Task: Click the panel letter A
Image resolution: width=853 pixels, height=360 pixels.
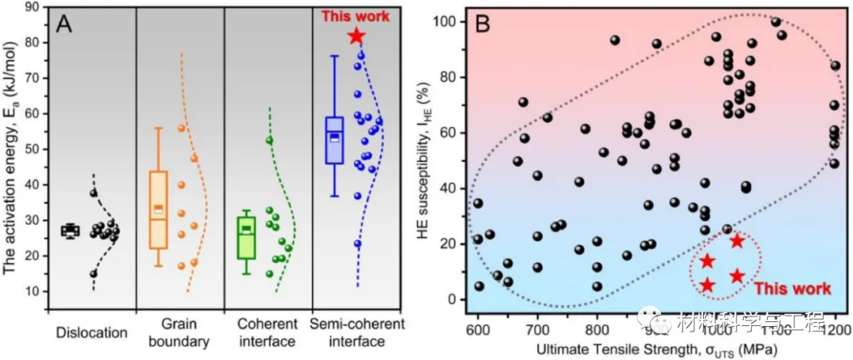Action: [x=65, y=24]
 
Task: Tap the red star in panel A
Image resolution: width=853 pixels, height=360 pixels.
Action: [x=356, y=36]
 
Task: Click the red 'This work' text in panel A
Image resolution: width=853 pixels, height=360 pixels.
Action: [x=356, y=16]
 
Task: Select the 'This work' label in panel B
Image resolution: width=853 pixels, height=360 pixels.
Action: [x=791, y=289]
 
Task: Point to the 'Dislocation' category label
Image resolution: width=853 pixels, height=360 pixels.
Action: [x=92, y=332]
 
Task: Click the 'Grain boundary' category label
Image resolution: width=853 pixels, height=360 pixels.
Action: [x=180, y=333]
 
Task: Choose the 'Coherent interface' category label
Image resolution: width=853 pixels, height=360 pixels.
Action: [x=269, y=333]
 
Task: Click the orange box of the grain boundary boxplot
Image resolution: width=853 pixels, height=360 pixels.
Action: [x=159, y=210]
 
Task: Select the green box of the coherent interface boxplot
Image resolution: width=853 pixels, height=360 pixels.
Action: [x=246, y=238]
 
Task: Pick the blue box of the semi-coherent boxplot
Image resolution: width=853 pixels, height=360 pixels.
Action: [x=335, y=141]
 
